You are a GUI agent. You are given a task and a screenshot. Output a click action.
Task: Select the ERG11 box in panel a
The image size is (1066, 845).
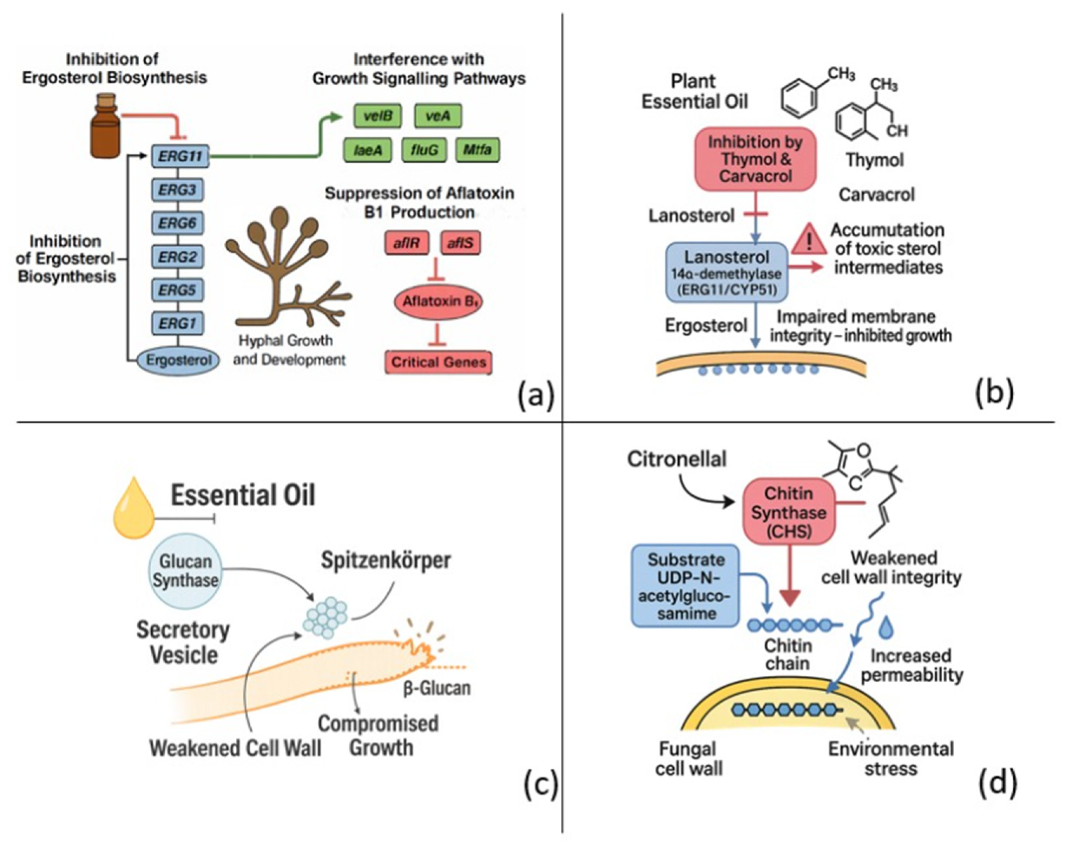180,156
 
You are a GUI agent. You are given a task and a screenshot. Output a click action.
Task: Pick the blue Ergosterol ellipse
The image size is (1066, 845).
178,360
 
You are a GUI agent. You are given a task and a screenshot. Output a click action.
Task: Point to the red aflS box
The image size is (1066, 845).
460,243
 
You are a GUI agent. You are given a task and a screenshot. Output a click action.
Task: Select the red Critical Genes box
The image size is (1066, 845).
439,362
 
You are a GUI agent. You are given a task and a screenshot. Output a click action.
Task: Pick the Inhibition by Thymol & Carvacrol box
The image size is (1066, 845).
755,159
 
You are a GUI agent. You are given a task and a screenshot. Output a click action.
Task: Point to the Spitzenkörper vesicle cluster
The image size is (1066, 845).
325,617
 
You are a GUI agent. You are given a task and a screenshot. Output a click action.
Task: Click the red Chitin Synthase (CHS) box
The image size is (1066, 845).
788,512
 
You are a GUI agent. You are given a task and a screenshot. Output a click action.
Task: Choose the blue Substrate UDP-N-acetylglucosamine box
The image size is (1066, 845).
685,586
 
